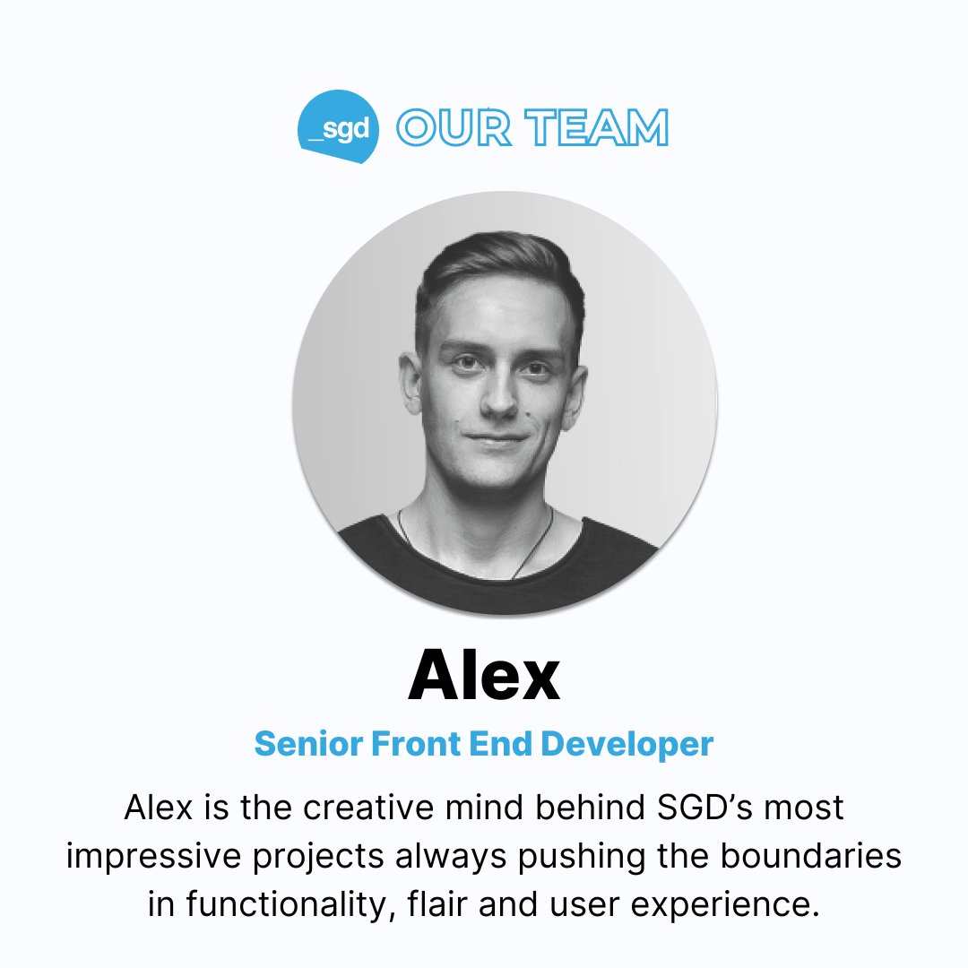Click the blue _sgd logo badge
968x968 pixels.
point(339,127)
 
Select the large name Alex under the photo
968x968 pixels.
point(484,678)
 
